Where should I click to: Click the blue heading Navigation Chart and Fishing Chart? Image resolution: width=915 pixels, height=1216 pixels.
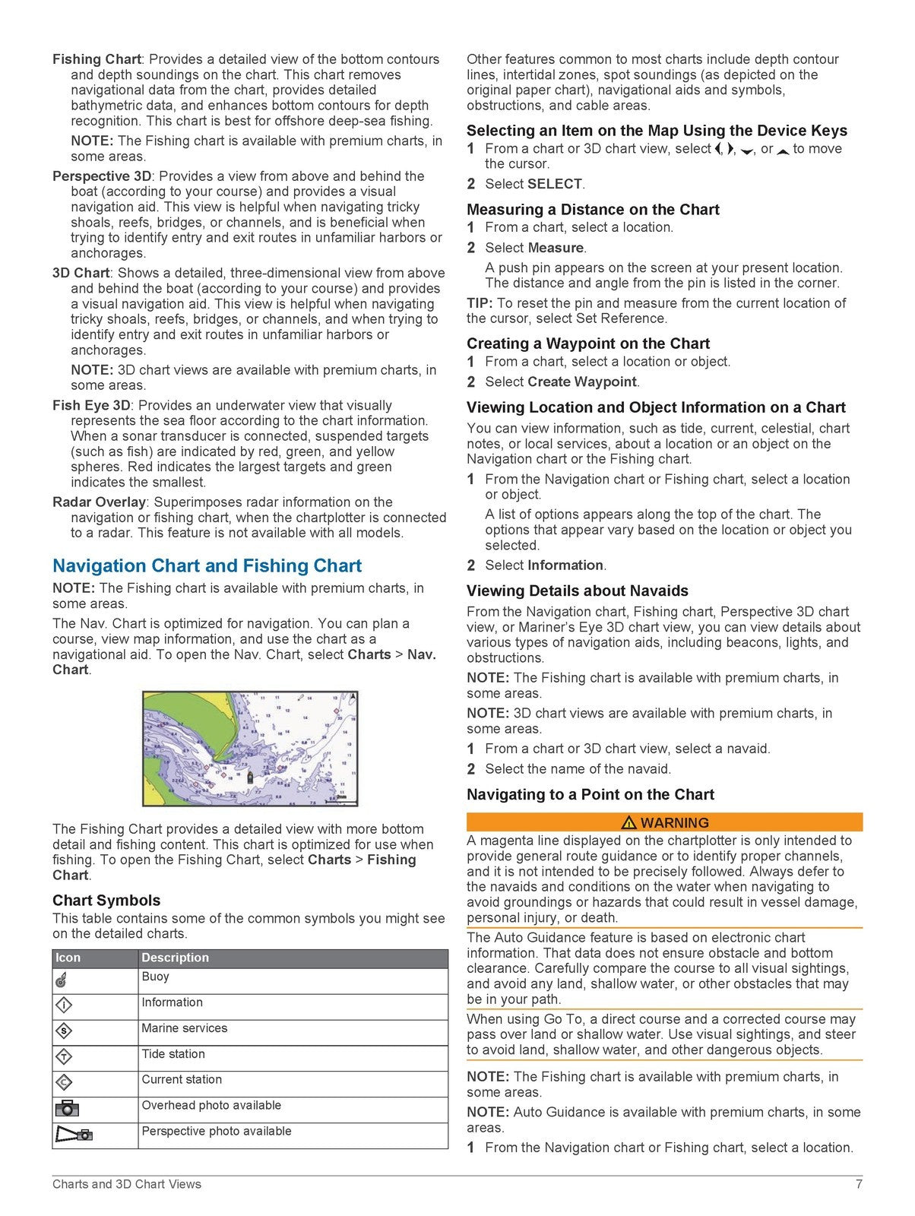207,566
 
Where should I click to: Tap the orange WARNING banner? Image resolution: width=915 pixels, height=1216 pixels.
664,822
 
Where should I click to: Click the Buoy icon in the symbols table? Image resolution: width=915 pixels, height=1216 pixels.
63,981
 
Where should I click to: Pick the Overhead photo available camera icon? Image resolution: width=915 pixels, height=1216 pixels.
67,1109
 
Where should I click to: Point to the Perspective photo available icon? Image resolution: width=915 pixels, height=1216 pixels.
74,1135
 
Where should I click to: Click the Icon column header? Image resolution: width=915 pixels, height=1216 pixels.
68,958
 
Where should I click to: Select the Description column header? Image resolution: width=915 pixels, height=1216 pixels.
175,958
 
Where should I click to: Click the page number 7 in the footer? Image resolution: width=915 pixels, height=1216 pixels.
858,1184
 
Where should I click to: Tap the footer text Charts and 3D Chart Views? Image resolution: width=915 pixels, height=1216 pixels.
127,1184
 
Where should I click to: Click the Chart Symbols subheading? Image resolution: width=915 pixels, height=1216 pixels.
106,901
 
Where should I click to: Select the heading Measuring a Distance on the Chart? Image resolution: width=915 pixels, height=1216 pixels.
593,210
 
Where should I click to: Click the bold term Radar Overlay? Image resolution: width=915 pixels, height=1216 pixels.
99,502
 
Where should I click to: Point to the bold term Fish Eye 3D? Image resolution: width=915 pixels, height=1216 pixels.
91,406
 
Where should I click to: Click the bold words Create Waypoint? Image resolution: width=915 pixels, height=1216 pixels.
582,382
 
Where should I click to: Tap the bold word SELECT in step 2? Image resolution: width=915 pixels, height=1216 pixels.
555,184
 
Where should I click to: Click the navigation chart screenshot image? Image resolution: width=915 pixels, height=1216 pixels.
250,749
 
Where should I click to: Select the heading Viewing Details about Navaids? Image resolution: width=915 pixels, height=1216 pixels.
578,591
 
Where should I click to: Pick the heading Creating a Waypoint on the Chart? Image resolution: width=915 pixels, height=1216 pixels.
588,344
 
